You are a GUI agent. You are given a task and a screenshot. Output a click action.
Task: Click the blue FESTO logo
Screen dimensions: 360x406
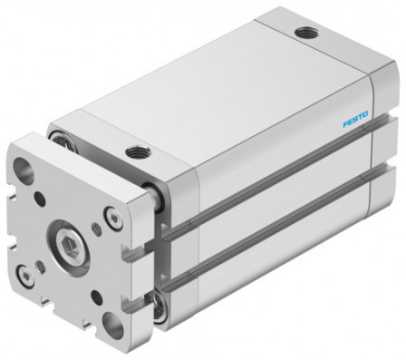point(356,120)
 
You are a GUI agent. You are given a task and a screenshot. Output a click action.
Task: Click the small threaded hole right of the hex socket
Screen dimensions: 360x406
point(98,246)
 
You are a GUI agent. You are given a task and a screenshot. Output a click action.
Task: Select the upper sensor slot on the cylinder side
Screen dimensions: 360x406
point(272,199)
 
